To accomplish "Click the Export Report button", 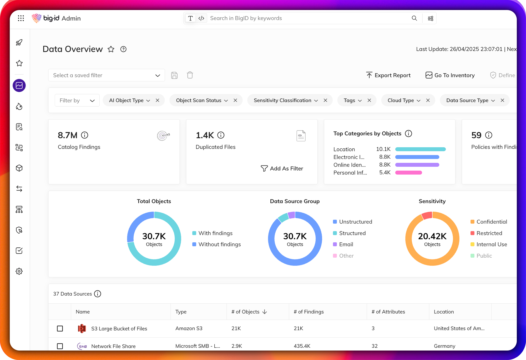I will [x=388, y=75].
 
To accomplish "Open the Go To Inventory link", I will [x=450, y=75].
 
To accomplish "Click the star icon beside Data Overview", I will [x=111, y=49].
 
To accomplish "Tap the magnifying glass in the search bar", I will [x=414, y=18].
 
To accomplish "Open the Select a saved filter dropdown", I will [x=107, y=75].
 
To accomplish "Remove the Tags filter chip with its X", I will [x=369, y=100].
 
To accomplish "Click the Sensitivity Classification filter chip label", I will [x=282, y=100].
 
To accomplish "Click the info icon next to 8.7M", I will [x=84, y=135].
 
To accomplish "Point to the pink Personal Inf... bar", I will [x=408, y=173].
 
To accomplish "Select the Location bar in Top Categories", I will [x=420, y=149].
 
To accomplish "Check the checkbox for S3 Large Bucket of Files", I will [x=60, y=328].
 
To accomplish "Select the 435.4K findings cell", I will [x=302, y=346].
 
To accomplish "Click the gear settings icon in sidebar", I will [x=19, y=271].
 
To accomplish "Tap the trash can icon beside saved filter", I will [x=190, y=75].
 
